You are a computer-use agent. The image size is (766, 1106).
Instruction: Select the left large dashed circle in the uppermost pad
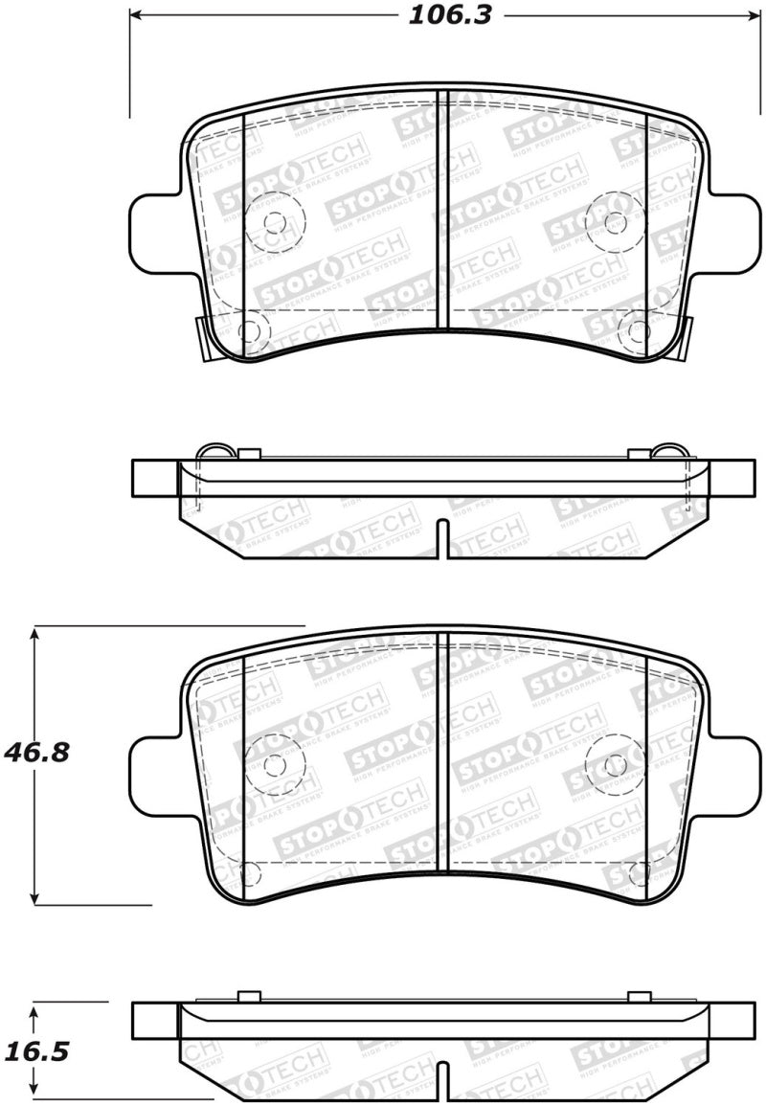pyautogui.click(x=275, y=222)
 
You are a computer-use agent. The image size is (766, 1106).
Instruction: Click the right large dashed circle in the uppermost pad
pyautogui.click(x=615, y=222)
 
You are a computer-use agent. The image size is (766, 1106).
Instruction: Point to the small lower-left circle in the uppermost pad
pyautogui.click(x=249, y=331)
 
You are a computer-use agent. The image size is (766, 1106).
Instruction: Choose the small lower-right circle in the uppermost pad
pyautogui.click(x=635, y=331)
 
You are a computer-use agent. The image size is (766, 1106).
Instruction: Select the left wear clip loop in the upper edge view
pyautogui.click(x=212, y=452)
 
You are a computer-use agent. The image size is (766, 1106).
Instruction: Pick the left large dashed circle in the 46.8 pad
pyautogui.click(x=275, y=764)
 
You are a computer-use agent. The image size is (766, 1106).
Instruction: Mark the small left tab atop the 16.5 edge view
pyautogui.click(x=248, y=996)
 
